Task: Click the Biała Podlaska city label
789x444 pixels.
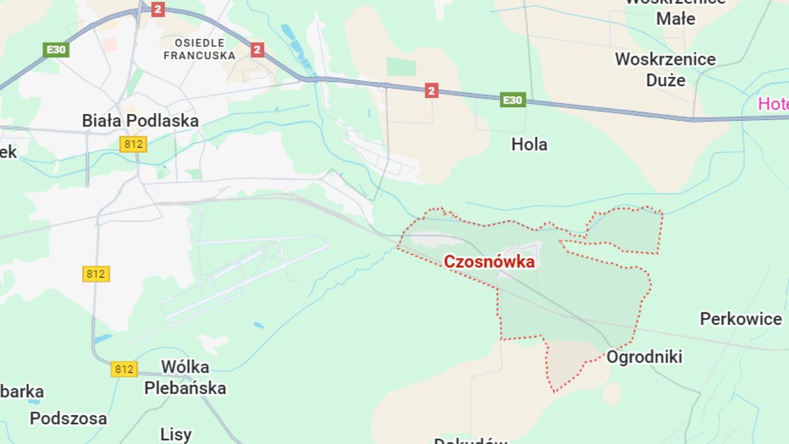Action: [x=140, y=120]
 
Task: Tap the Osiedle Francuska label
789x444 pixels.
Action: [x=199, y=49]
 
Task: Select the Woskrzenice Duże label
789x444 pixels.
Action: [x=665, y=69]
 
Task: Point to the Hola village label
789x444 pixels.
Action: [x=529, y=144]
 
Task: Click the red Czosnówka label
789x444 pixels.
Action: [x=489, y=262]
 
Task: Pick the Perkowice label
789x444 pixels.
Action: [x=740, y=319]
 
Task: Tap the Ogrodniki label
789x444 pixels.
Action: [x=644, y=357]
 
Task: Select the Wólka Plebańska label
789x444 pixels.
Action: [x=185, y=377]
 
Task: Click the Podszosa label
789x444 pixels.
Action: [x=68, y=418]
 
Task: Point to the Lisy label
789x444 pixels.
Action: [x=176, y=434]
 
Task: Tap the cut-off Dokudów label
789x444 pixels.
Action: [x=471, y=440]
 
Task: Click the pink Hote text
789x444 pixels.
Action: [x=773, y=103]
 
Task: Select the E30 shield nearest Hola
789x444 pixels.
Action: [x=512, y=100]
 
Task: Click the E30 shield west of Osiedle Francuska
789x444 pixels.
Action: [x=56, y=49]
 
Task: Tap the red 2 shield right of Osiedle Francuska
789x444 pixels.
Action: [x=257, y=49]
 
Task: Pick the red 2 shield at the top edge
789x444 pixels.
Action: [x=158, y=9]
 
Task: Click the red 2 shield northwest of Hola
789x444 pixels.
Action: [x=431, y=90]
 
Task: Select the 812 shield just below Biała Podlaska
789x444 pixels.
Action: [x=133, y=144]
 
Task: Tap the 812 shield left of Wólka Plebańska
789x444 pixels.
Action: [x=124, y=369]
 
